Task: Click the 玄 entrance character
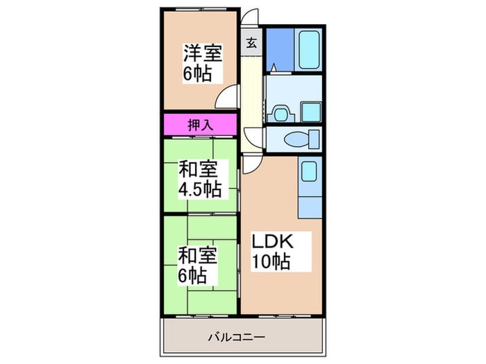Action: point(251,43)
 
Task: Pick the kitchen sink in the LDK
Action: point(308,172)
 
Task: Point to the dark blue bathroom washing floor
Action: point(279,49)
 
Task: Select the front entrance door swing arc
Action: point(250,19)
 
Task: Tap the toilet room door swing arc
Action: point(255,136)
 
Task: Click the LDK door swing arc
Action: point(251,164)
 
